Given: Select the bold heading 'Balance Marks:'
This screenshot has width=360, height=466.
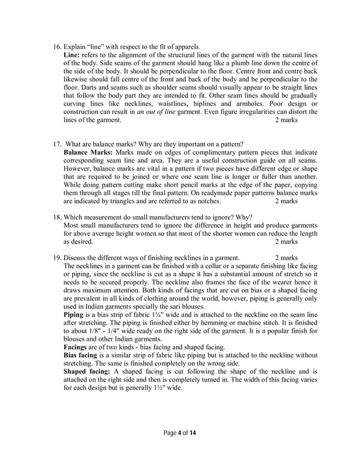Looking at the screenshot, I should coord(89,152).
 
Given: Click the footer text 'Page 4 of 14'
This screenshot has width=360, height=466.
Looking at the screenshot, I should coord(180,434).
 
